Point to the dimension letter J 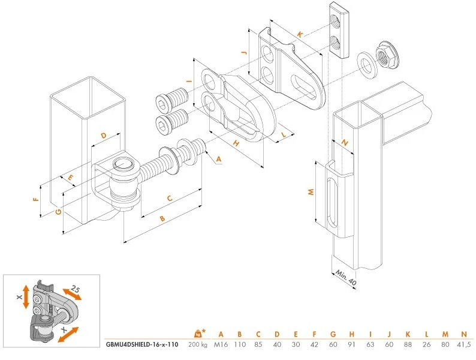pyautogui.click(x=244, y=53)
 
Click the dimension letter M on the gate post pyautogui.click(x=311, y=192)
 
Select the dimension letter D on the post pyautogui.click(x=103, y=136)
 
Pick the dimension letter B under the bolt pyautogui.click(x=161, y=219)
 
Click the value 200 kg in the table pyautogui.click(x=197, y=344)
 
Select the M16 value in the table pyautogui.click(x=221, y=344)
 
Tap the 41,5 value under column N pyautogui.click(x=463, y=344)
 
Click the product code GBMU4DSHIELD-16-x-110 pyautogui.click(x=141, y=344)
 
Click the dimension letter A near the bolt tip pyautogui.click(x=218, y=159)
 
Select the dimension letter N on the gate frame pyautogui.click(x=344, y=143)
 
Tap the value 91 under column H pyautogui.click(x=351, y=344)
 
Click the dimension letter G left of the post pyautogui.click(x=58, y=211)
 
